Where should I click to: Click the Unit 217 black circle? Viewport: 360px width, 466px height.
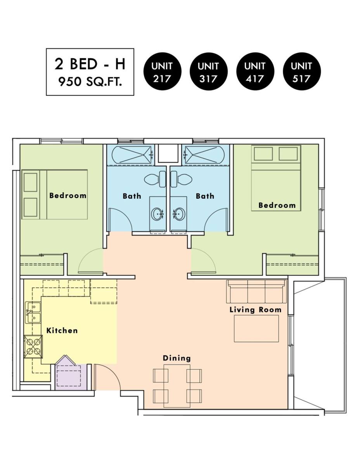coord(162,71)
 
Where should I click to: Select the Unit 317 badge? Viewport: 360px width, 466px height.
coord(208,71)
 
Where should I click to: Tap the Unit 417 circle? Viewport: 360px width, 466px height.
coord(255,71)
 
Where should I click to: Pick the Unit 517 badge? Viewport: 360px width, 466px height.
coord(301,71)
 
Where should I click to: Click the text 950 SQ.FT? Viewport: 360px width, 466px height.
coord(90,82)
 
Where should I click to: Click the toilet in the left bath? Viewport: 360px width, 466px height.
coord(155,179)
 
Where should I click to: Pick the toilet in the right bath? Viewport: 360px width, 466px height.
coord(181,179)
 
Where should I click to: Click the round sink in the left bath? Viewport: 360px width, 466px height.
coord(157,214)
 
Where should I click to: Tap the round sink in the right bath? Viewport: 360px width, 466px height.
coord(179,214)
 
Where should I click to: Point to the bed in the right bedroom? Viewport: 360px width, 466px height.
coord(276,178)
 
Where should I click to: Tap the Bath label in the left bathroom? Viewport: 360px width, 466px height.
coord(132,196)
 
